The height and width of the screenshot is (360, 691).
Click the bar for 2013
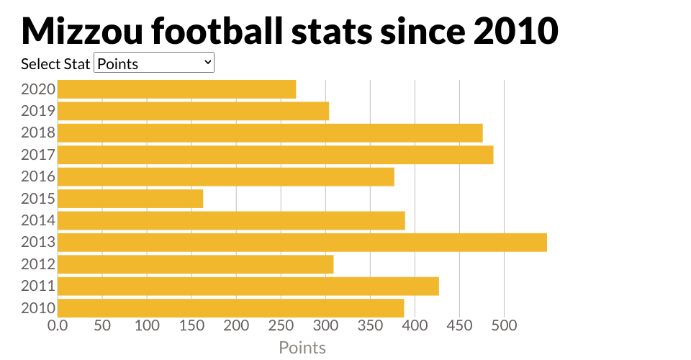tap(302, 242)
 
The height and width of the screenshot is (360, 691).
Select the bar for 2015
tap(130, 199)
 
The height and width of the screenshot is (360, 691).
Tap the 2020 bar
tap(176, 89)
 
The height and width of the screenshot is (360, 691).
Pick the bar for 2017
tap(275, 155)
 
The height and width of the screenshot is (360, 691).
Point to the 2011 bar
tap(248, 286)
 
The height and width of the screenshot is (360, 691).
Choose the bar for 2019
tap(193, 111)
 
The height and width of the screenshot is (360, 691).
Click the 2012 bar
tap(195, 264)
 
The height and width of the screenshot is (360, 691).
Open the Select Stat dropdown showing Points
tap(154, 63)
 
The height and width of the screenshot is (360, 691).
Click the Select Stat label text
tap(55, 64)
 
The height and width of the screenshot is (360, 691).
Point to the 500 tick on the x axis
tap(504, 325)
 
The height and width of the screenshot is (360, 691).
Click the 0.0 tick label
tap(58, 325)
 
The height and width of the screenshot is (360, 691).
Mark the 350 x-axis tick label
tap(370, 325)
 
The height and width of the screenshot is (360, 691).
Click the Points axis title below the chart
tap(302, 348)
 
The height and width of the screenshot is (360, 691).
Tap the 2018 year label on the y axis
tap(38, 133)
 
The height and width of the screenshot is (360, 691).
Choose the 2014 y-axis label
tap(38, 220)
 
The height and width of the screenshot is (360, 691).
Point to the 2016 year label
tap(38, 176)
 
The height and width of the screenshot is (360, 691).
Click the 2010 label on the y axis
tap(38, 308)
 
